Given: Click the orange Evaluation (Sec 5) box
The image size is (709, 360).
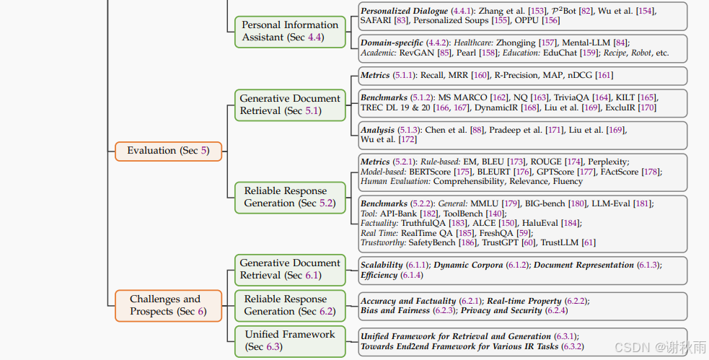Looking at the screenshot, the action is [168, 151].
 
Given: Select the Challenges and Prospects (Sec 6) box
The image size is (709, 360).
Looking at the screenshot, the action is [168, 305].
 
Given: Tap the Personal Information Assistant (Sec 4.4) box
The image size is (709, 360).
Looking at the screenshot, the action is [290, 31].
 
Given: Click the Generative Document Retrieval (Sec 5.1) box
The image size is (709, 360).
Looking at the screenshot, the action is [290, 105].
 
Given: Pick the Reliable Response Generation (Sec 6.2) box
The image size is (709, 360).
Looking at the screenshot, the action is [290, 305].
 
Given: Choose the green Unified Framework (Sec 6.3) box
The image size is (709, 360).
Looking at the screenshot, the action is [290, 341].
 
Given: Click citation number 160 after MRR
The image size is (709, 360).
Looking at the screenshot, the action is [481, 75].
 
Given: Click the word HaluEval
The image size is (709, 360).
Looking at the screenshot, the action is [540, 223].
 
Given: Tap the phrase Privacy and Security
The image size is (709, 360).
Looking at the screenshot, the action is [501, 310].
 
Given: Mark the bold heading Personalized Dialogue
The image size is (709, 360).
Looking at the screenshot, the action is [404, 12].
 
